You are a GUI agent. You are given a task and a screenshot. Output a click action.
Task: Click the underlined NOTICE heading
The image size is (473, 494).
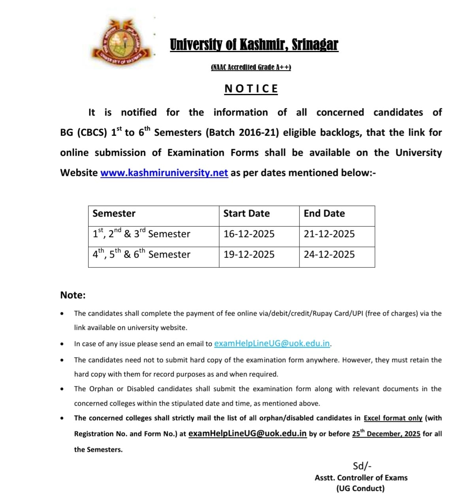click(251, 89)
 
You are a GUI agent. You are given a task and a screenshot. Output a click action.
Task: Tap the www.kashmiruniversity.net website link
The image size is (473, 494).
click(164, 173)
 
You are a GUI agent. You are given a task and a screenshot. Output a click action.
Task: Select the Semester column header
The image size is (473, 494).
click(114, 213)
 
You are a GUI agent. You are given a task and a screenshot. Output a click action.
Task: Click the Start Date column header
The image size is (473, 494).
click(246, 213)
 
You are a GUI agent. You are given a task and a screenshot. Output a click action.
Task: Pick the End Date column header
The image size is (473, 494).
click(324, 213)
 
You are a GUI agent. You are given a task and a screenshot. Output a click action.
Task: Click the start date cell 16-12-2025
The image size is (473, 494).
click(249, 234)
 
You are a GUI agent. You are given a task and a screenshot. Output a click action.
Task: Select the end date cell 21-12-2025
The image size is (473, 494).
click(329, 234)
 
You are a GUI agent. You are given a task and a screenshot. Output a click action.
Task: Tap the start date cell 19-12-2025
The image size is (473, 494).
click(249, 254)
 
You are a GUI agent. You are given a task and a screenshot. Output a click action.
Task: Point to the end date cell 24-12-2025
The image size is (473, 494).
click(329, 254)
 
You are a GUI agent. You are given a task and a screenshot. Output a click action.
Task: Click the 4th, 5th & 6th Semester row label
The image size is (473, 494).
click(141, 254)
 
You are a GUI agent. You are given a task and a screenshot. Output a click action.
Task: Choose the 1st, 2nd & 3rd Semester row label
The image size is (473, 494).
click(141, 233)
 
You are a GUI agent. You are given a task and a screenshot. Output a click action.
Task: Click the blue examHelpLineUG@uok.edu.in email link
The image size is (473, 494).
click(272, 343)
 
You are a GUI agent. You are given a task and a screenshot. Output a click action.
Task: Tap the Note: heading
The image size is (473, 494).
click(73, 295)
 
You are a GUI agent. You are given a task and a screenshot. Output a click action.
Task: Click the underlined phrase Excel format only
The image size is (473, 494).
click(393, 418)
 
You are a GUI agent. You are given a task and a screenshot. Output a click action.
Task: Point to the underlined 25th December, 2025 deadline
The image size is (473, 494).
click(386, 434)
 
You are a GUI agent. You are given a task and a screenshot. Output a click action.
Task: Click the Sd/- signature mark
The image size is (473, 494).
click(362, 466)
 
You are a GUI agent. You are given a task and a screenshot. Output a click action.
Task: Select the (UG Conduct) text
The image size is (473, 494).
click(360, 488)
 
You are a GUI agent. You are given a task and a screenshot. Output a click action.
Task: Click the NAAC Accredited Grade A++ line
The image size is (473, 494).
click(251, 67)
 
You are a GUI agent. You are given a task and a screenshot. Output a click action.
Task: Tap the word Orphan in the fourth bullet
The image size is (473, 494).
click(101, 389)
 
